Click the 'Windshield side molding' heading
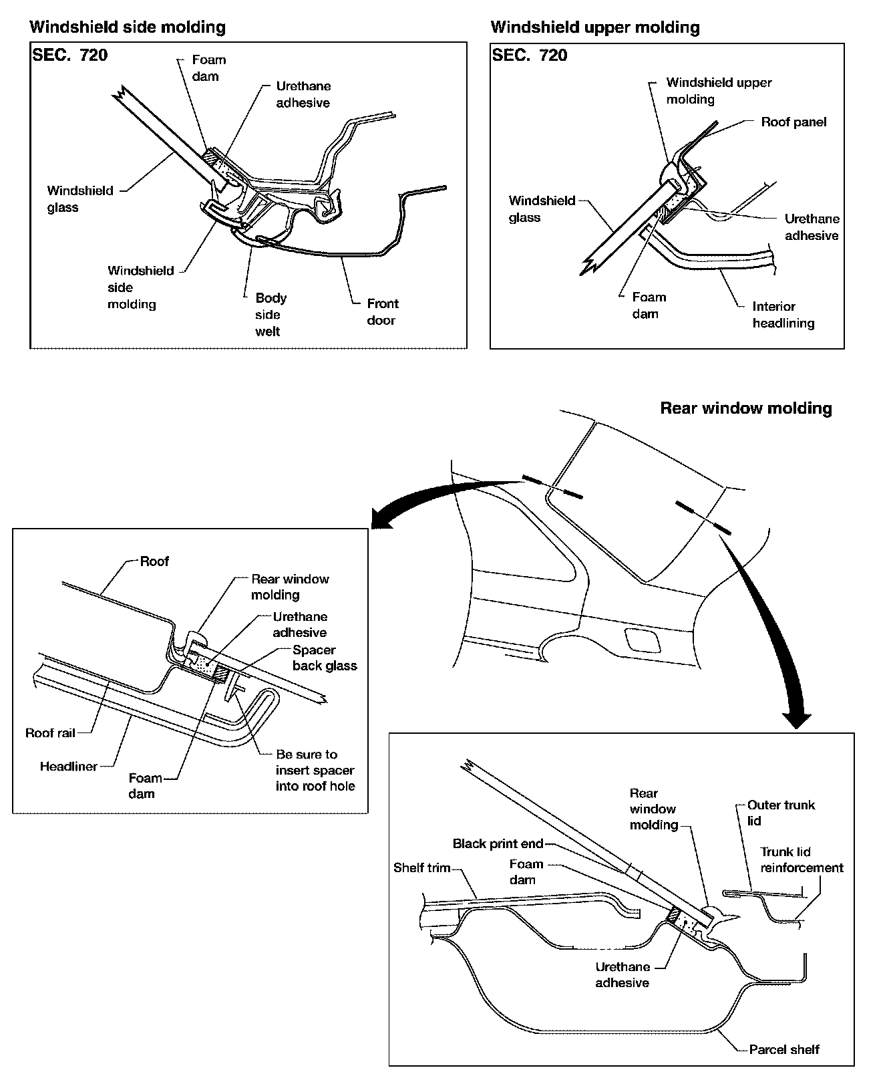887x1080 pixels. click(x=128, y=27)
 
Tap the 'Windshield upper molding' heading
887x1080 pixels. click(x=594, y=27)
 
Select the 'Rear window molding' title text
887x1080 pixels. click(x=745, y=408)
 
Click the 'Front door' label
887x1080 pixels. click(x=382, y=312)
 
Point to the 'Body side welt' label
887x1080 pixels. click(x=271, y=315)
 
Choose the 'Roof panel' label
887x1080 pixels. click(x=793, y=122)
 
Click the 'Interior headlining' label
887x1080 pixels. click(x=783, y=315)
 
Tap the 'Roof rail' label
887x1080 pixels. click(x=49, y=733)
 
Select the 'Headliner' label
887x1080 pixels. click(x=68, y=767)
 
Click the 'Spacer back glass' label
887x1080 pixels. click(x=324, y=658)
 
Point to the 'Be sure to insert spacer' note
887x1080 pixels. click(x=315, y=771)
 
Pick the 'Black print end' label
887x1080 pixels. click(x=498, y=844)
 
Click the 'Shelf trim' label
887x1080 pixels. click(x=421, y=868)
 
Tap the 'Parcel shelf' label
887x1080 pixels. click(x=783, y=1049)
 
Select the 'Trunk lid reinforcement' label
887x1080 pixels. click(x=801, y=860)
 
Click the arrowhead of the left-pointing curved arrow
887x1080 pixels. click(x=381, y=520)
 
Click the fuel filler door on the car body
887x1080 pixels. click(x=640, y=640)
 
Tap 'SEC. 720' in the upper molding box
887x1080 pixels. click(x=529, y=55)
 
